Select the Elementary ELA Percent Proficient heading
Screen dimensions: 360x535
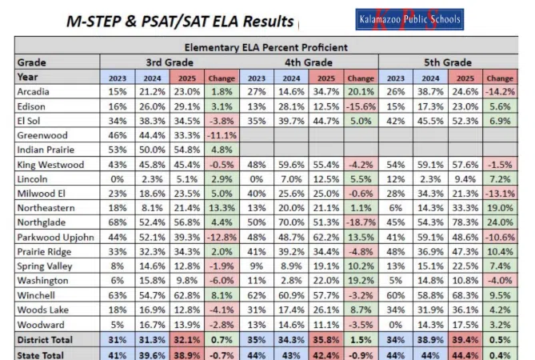point(269,47)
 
